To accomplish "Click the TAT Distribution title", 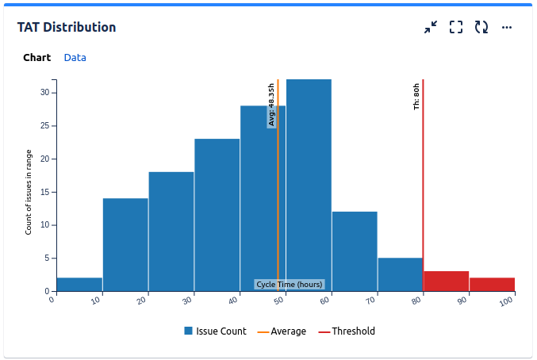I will [67, 28].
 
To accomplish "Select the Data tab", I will [75, 58].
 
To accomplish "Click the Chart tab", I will [36, 58].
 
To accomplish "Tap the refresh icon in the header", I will [481, 28].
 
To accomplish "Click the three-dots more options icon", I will [507, 28].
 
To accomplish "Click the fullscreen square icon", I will [456, 28].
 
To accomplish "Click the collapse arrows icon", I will [431, 28].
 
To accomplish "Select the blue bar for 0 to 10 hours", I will [79, 285].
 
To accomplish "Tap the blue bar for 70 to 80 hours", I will [400, 274].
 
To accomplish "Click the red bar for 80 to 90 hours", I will [446, 281].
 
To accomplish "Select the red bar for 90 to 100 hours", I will [492, 285].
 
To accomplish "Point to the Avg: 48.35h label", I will [271, 105].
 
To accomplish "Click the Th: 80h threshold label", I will [417, 96].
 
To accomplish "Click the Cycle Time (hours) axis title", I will [290, 285].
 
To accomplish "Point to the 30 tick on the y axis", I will [44, 93].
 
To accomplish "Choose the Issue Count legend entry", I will [215, 331].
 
